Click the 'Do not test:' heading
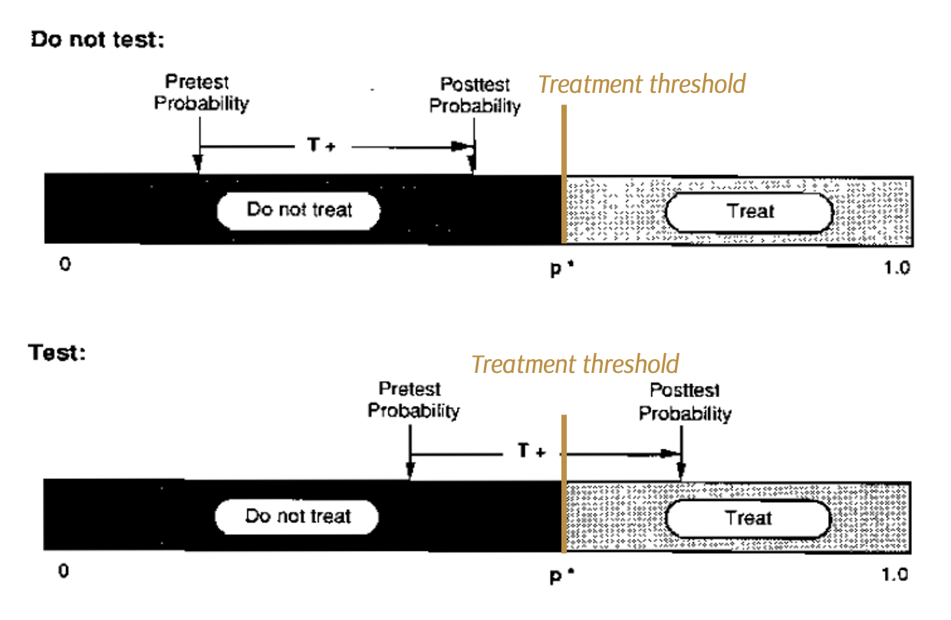pos(97,41)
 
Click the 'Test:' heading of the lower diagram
pos(57,353)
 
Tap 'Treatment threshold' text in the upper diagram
pos(642,84)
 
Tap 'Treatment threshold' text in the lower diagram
pos(574,363)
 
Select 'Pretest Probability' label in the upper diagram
pos(202,93)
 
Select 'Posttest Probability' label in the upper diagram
pos(475,95)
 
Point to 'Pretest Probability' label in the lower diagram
pos(413,400)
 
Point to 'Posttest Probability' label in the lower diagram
pos(685,403)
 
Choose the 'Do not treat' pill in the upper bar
pos(299,210)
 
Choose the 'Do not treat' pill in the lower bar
pos(298,516)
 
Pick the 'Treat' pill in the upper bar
pos(749,212)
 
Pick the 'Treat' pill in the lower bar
pos(748,519)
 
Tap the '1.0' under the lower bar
pos(894,573)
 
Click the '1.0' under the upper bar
pos(895,268)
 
